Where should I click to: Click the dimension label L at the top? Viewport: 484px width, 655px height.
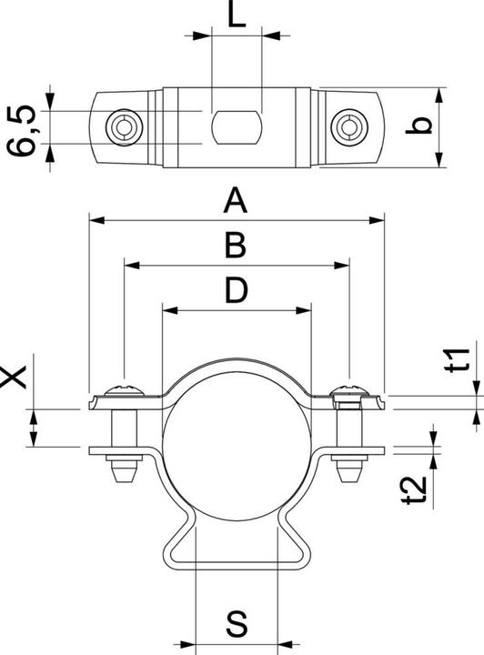(x=236, y=17)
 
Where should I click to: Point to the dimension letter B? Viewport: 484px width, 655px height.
(x=236, y=246)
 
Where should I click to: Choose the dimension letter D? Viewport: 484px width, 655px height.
(x=236, y=291)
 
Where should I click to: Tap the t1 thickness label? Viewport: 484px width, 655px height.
(x=462, y=360)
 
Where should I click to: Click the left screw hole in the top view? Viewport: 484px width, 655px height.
(x=121, y=127)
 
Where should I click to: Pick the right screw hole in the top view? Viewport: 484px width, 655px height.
(x=348, y=127)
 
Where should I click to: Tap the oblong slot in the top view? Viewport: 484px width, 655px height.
(x=236, y=127)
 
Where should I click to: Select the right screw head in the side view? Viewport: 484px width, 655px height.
(x=348, y=392)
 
